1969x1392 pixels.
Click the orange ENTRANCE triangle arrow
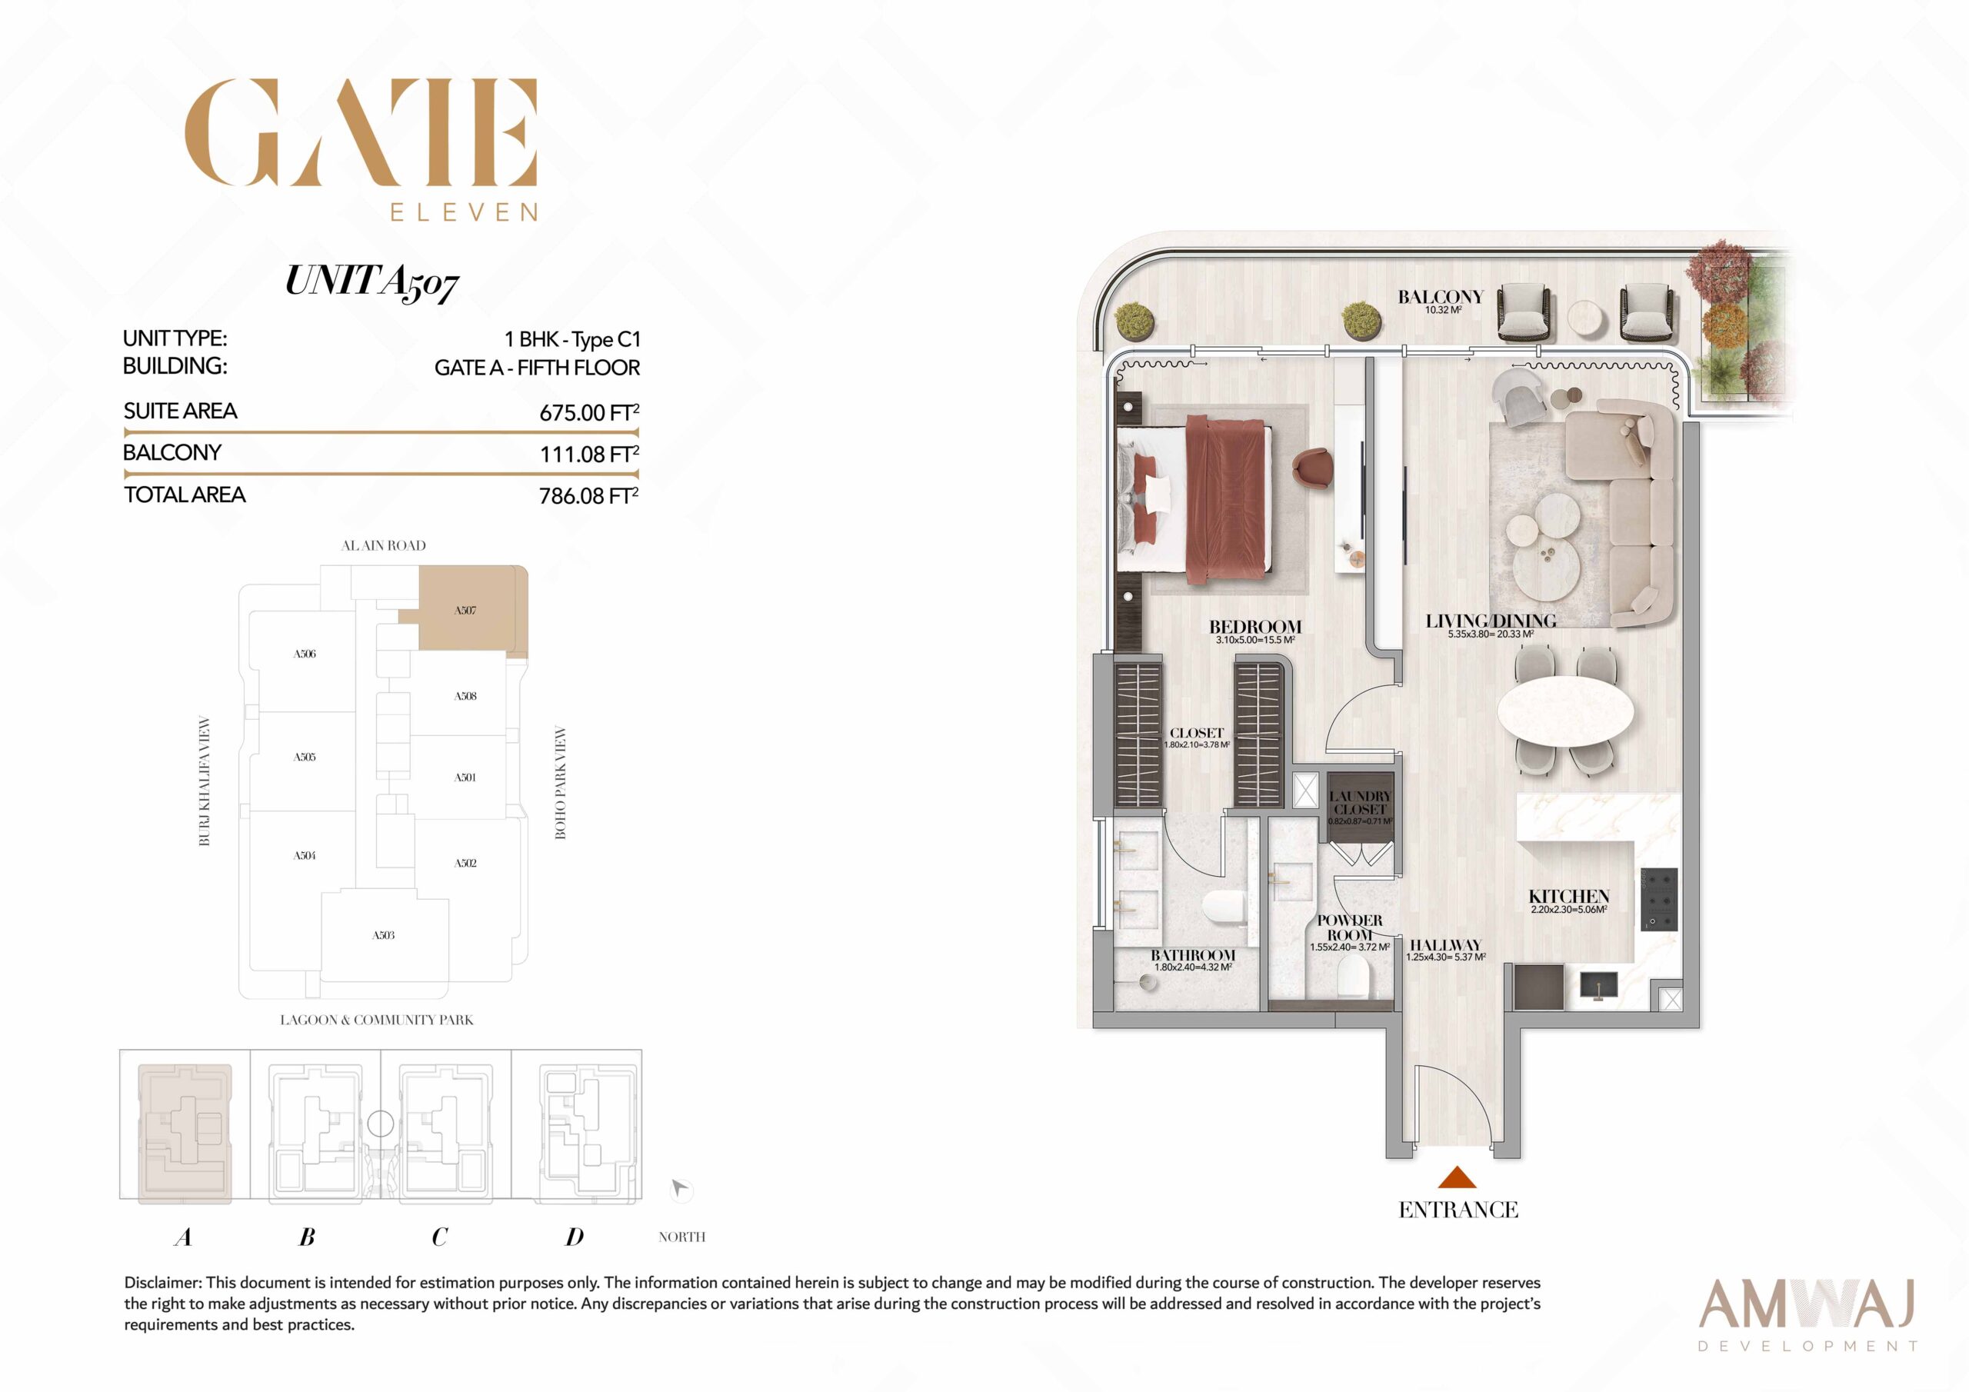click(x=1457, y=1177)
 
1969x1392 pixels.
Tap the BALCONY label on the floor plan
click(x=1441, y=297)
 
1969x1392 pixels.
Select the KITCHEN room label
click(x=1569, y=896)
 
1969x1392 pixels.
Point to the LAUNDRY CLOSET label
click(x=1360, y=803)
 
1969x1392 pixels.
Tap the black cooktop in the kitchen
click(x=1657, y=900)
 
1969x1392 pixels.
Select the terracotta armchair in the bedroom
click(x=1313, y=468)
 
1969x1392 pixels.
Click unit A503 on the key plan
click(x=383, y=936)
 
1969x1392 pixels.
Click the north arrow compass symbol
click(x=680, y=1190)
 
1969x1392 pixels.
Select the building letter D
click(x=575, y=1237)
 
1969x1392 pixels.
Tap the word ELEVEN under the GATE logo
click(x=464, y=211)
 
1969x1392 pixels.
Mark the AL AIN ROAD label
click(x=383, y=545)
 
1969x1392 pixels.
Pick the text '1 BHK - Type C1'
click(x=573, y=340)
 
